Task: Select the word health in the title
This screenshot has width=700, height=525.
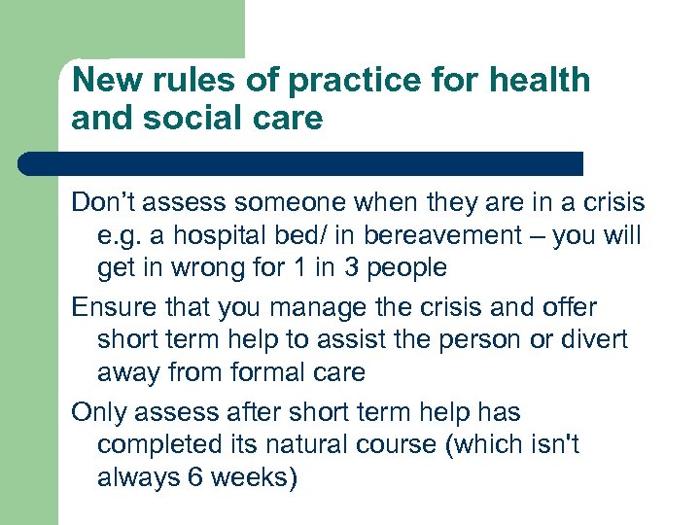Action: point(541,80)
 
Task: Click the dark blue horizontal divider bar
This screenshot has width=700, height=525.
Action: point(301,163)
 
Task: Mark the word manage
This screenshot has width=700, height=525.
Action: point(317,307)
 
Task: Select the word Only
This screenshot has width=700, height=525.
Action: point(99,412)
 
